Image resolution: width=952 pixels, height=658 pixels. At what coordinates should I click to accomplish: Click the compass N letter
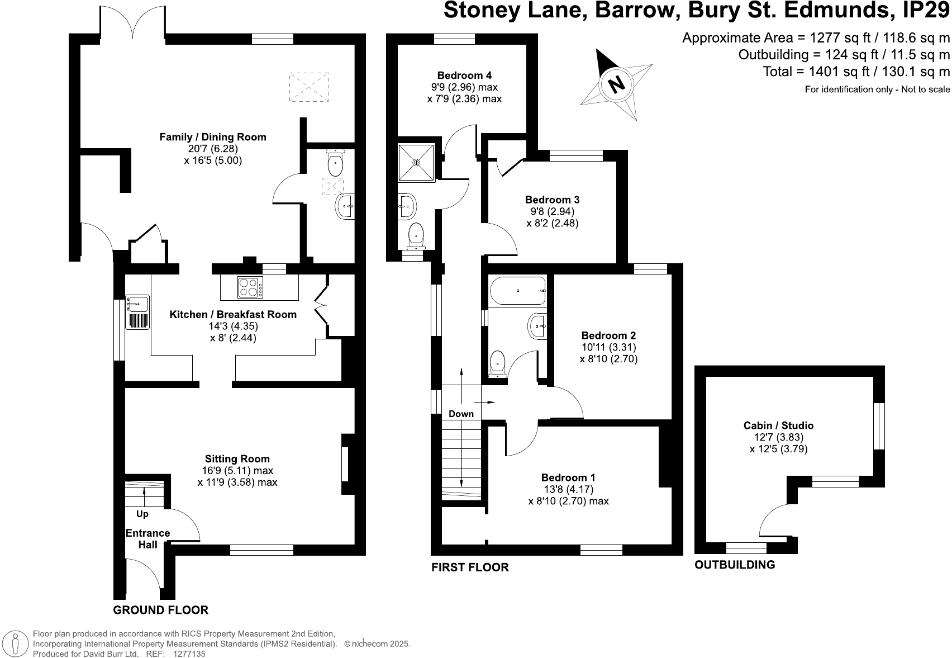[617, 84]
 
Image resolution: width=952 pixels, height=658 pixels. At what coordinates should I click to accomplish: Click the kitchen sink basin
[137, 304]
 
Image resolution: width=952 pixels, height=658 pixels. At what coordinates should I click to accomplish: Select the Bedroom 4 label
[464, 75]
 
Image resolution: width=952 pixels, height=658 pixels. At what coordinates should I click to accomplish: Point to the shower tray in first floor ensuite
[416, 163]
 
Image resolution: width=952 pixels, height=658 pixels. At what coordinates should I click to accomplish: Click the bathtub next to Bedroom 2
[517, 291]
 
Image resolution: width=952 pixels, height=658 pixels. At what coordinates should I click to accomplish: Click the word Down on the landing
[461, 414]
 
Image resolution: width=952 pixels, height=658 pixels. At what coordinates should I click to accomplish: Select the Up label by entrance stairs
[142, 514]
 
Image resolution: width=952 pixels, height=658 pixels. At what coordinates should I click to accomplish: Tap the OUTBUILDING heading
[734, 565]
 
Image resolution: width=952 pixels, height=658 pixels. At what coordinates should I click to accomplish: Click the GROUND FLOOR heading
[160, 610]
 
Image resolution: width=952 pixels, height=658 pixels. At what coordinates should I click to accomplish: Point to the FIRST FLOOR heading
[470, 567]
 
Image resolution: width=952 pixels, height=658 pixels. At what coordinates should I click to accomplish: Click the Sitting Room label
[237, 459]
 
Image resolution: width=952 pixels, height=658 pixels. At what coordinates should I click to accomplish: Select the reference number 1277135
[190, 654]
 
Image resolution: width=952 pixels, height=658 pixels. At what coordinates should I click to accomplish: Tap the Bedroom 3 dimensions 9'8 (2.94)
[552, 211]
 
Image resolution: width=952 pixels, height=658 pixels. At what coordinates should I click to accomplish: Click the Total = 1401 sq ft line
[856, 72]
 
